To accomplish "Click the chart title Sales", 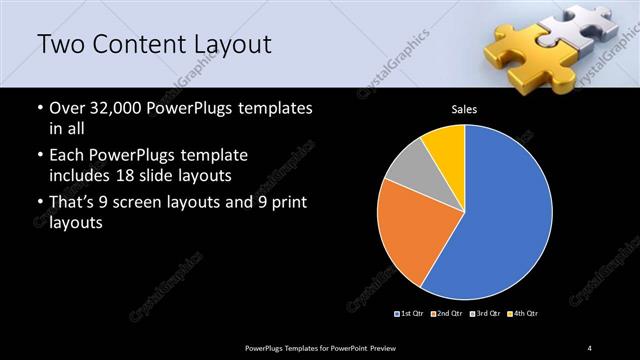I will [x=464, y=109].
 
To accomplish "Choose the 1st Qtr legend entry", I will [x=411, y=314].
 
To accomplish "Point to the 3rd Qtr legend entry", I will [x=484, y=314].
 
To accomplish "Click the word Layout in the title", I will [x=237, y=45].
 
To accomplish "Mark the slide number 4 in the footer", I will [x=590, y=347].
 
